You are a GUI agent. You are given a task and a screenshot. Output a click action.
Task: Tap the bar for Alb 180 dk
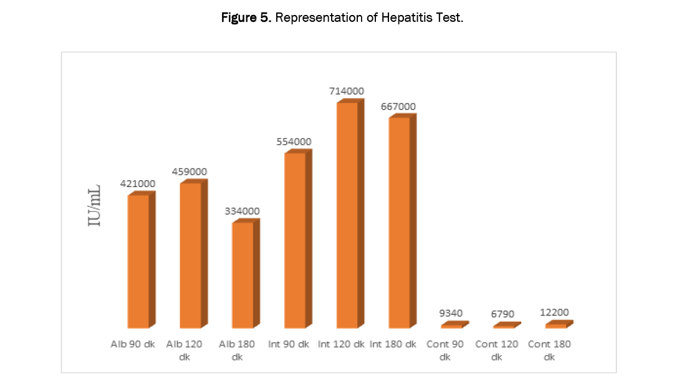click(243, 274)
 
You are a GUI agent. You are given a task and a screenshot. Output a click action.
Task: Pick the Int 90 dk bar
click(295, 239)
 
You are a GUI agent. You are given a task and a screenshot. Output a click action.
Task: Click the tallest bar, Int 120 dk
click(347, 215)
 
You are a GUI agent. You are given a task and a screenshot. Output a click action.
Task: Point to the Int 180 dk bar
click(399, 221)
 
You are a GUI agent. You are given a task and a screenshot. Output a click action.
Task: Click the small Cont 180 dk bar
click(556, 326)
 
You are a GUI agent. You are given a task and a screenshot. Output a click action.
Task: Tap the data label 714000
click(347, 91)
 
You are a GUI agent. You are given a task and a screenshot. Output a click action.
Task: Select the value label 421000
click(138, 184)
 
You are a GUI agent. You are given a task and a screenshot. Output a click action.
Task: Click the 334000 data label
click(242, 211)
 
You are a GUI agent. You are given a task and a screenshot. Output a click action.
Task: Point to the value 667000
click(398, 107)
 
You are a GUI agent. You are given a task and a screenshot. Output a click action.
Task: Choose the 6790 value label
click(503, 315)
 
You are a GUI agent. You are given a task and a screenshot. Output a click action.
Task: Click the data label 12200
click(556, 312)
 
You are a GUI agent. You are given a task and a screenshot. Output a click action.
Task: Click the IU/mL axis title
click(95, 205)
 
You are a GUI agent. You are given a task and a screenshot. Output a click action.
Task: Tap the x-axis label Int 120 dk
click(341, 344)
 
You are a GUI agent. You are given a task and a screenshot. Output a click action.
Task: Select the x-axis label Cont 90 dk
click(444, 350)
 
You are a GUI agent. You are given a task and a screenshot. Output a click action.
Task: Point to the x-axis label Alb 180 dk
click(237, 350)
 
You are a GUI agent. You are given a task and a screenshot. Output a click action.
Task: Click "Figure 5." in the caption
click(246, 18)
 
